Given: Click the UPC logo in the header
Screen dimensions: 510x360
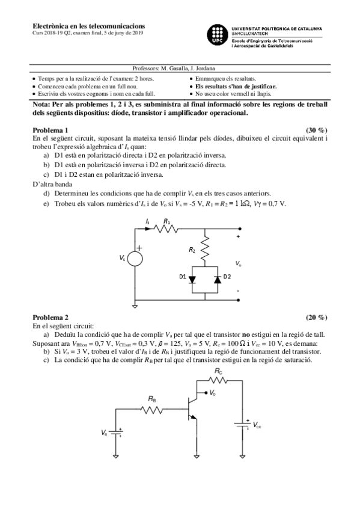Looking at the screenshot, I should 218,34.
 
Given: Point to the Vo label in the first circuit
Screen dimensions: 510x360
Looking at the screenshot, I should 239,263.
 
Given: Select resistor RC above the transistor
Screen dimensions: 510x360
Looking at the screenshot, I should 218,379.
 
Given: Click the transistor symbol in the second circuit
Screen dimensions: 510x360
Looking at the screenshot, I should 193,407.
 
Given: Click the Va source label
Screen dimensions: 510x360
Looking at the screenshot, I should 105,432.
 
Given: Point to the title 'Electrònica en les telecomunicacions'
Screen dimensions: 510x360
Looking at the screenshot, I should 88,26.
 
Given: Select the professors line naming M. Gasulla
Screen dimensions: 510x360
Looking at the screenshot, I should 174,69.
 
